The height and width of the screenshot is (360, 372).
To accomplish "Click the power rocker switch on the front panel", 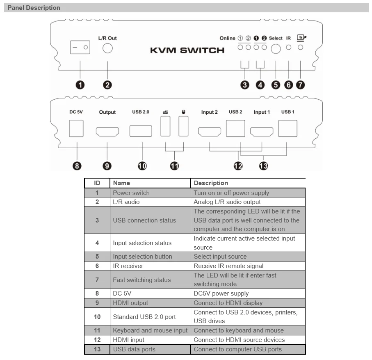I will [80, 48].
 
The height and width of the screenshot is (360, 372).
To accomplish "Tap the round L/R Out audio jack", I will [107, 48].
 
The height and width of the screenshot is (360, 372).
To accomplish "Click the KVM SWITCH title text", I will [187, 50].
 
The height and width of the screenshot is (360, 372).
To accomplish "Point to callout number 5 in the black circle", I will [275, 85].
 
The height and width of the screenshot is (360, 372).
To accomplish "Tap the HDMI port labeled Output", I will [107, 131].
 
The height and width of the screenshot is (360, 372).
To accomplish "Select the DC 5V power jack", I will [76, 128].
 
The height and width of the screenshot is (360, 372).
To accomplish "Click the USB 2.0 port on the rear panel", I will [141, 131].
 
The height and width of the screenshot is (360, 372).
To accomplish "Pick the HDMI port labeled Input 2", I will [210, 132].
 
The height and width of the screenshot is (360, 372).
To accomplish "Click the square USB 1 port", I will [288, 128].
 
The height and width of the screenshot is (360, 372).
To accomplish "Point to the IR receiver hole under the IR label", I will [289, 48].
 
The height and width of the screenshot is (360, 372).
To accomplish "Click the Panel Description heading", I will [34, 8].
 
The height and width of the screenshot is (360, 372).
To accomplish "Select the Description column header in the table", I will [211, 183].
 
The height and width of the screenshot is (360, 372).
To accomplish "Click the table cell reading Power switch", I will [131, 193].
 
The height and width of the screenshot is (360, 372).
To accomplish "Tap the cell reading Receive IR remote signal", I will [228, 266].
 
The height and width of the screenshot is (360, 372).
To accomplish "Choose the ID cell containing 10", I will [97, 316].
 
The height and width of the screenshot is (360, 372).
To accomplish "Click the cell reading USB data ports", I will [134, 349].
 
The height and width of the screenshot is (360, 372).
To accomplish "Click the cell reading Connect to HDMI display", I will [228, 303].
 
